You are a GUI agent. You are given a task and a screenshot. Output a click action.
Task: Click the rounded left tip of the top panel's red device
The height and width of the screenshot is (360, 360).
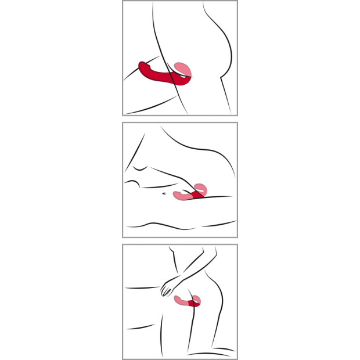pos(142,65)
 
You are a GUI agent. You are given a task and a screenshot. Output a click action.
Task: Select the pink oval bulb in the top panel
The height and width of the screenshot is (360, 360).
pos(183,70)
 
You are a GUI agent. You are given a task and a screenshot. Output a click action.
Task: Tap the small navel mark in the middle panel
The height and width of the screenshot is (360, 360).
pos(165,192)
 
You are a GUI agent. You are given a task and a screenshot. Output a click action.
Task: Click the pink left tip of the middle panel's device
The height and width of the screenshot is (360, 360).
pos(177,196)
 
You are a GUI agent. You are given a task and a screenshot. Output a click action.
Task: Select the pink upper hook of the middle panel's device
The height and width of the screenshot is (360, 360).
pos(201,187)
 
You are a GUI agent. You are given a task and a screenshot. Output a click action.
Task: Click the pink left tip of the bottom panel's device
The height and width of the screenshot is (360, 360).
pos(178,300)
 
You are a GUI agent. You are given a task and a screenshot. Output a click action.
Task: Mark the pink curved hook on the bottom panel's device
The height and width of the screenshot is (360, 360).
pos(198,298)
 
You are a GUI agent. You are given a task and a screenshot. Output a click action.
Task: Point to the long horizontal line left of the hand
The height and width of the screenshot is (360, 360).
pos(142,287)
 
